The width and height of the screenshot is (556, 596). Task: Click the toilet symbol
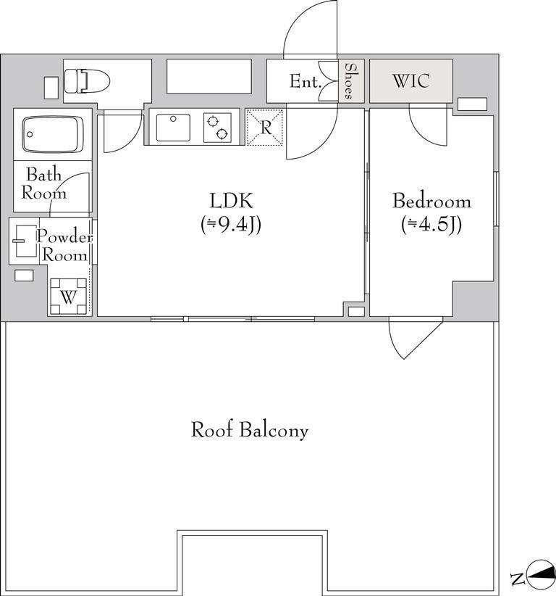tap(87, 81)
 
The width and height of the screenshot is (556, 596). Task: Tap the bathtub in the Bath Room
tap(53, 134)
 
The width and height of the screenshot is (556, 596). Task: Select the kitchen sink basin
tap(173, 127)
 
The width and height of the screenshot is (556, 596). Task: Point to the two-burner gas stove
tap(217, 128)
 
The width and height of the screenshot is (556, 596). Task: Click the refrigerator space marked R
tap(264, 128)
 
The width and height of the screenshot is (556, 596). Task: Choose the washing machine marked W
tap(69, 297)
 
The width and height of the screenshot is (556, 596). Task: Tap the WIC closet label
tap(411, 81)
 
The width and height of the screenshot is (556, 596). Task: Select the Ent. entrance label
tap(306, 81)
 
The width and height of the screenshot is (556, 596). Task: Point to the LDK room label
tap(231, 201)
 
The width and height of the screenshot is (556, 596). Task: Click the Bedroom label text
tap(432, 201)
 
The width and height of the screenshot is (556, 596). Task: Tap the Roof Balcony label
tap(249, 430)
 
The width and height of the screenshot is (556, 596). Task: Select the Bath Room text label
tap(43, 183)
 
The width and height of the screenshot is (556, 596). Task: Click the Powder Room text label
tap(64, 246)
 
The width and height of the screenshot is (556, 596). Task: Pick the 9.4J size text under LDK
tap(231, 225)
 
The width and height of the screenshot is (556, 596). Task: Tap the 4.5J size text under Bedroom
tap(431, 225)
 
